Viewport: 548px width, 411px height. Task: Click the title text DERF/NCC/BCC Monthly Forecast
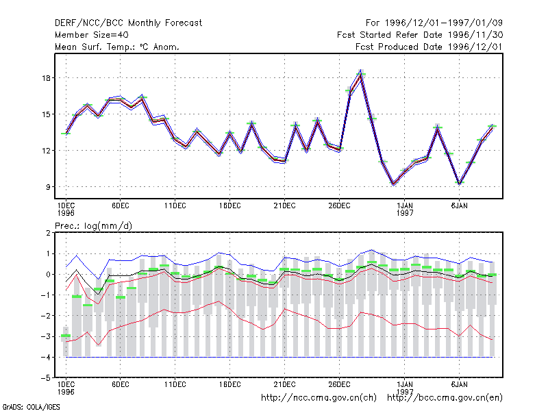[x=128, y=23]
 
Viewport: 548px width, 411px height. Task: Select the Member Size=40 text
[x=92, y=35]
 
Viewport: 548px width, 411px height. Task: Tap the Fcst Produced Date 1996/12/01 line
[x=429, y=47]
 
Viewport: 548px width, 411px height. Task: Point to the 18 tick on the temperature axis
[x=46, y=78]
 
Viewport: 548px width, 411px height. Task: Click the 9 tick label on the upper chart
[x=48, y=187]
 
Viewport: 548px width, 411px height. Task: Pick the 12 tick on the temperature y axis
[x=46, y=151]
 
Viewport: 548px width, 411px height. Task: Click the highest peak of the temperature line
[x=361, y=72]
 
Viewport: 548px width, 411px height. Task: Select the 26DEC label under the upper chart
[x=339, y=206]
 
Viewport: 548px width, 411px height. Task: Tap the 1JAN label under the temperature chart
[x=405, y=206]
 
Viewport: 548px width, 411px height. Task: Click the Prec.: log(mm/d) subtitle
[x=93, y=226]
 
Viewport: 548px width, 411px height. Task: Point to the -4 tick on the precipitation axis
[x=46, y=357]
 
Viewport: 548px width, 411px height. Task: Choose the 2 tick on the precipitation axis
[x=48, y=233]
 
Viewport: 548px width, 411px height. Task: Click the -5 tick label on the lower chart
[x=46, y=378]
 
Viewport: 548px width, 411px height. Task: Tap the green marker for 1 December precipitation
[x=66, y=336]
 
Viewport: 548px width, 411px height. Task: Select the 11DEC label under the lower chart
[x=175, y=384]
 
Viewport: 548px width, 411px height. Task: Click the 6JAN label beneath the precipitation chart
[x=459, y=384]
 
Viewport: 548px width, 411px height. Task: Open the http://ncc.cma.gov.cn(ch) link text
[x=319, y=398]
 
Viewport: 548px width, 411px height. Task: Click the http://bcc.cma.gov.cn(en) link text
[x=445, y=398]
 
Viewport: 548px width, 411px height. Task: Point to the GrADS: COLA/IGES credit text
[x=32, y=407]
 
